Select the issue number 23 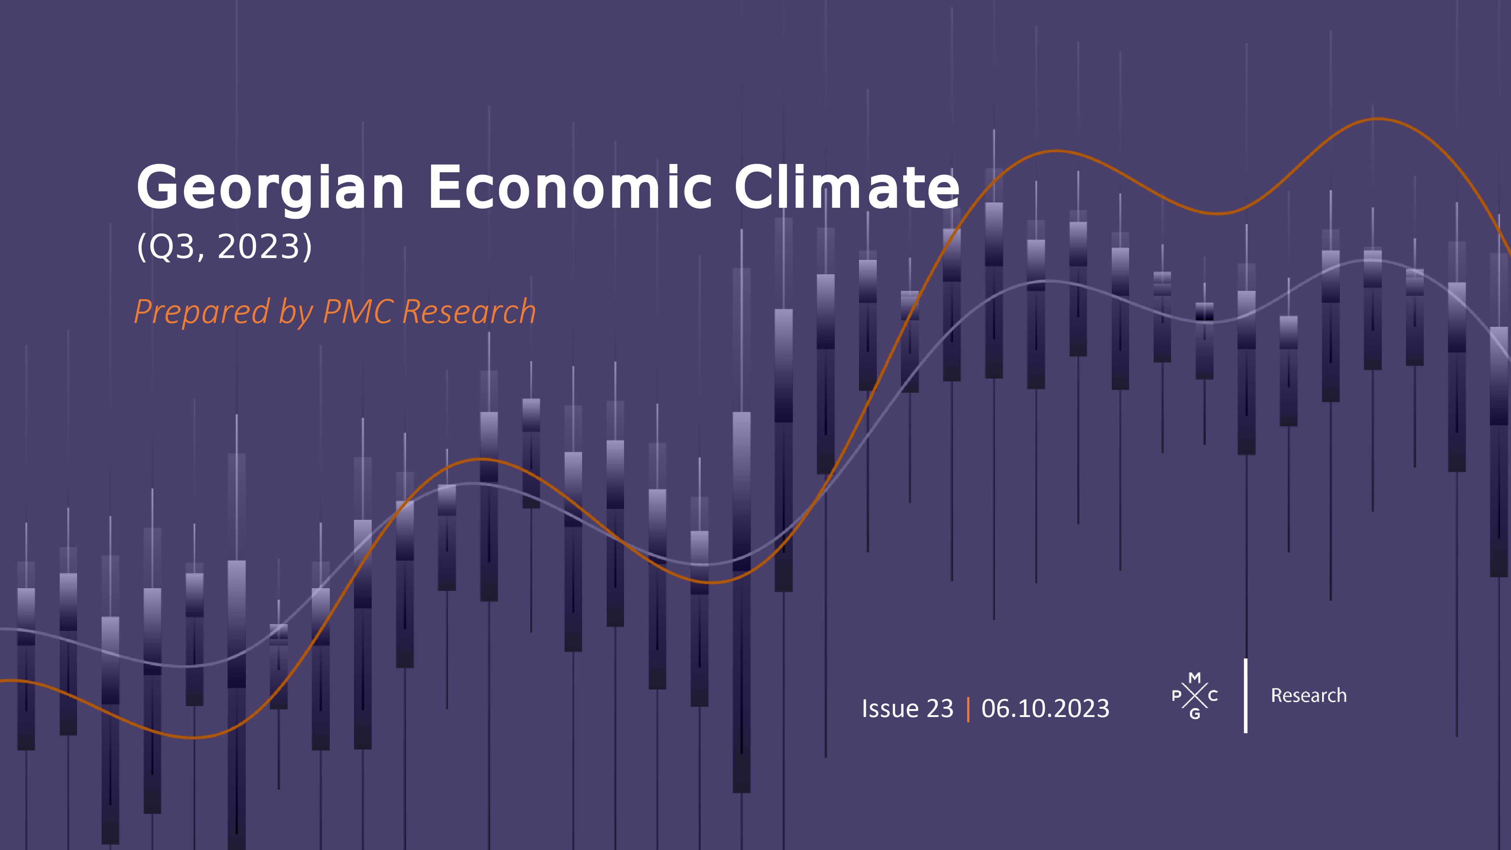click(940, 709)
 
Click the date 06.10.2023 click(1045, 709)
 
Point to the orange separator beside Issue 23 click(968, 709)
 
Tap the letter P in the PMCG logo click(1176, 696)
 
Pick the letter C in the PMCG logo click(1213, 696)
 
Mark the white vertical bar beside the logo click(1245, 696)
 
